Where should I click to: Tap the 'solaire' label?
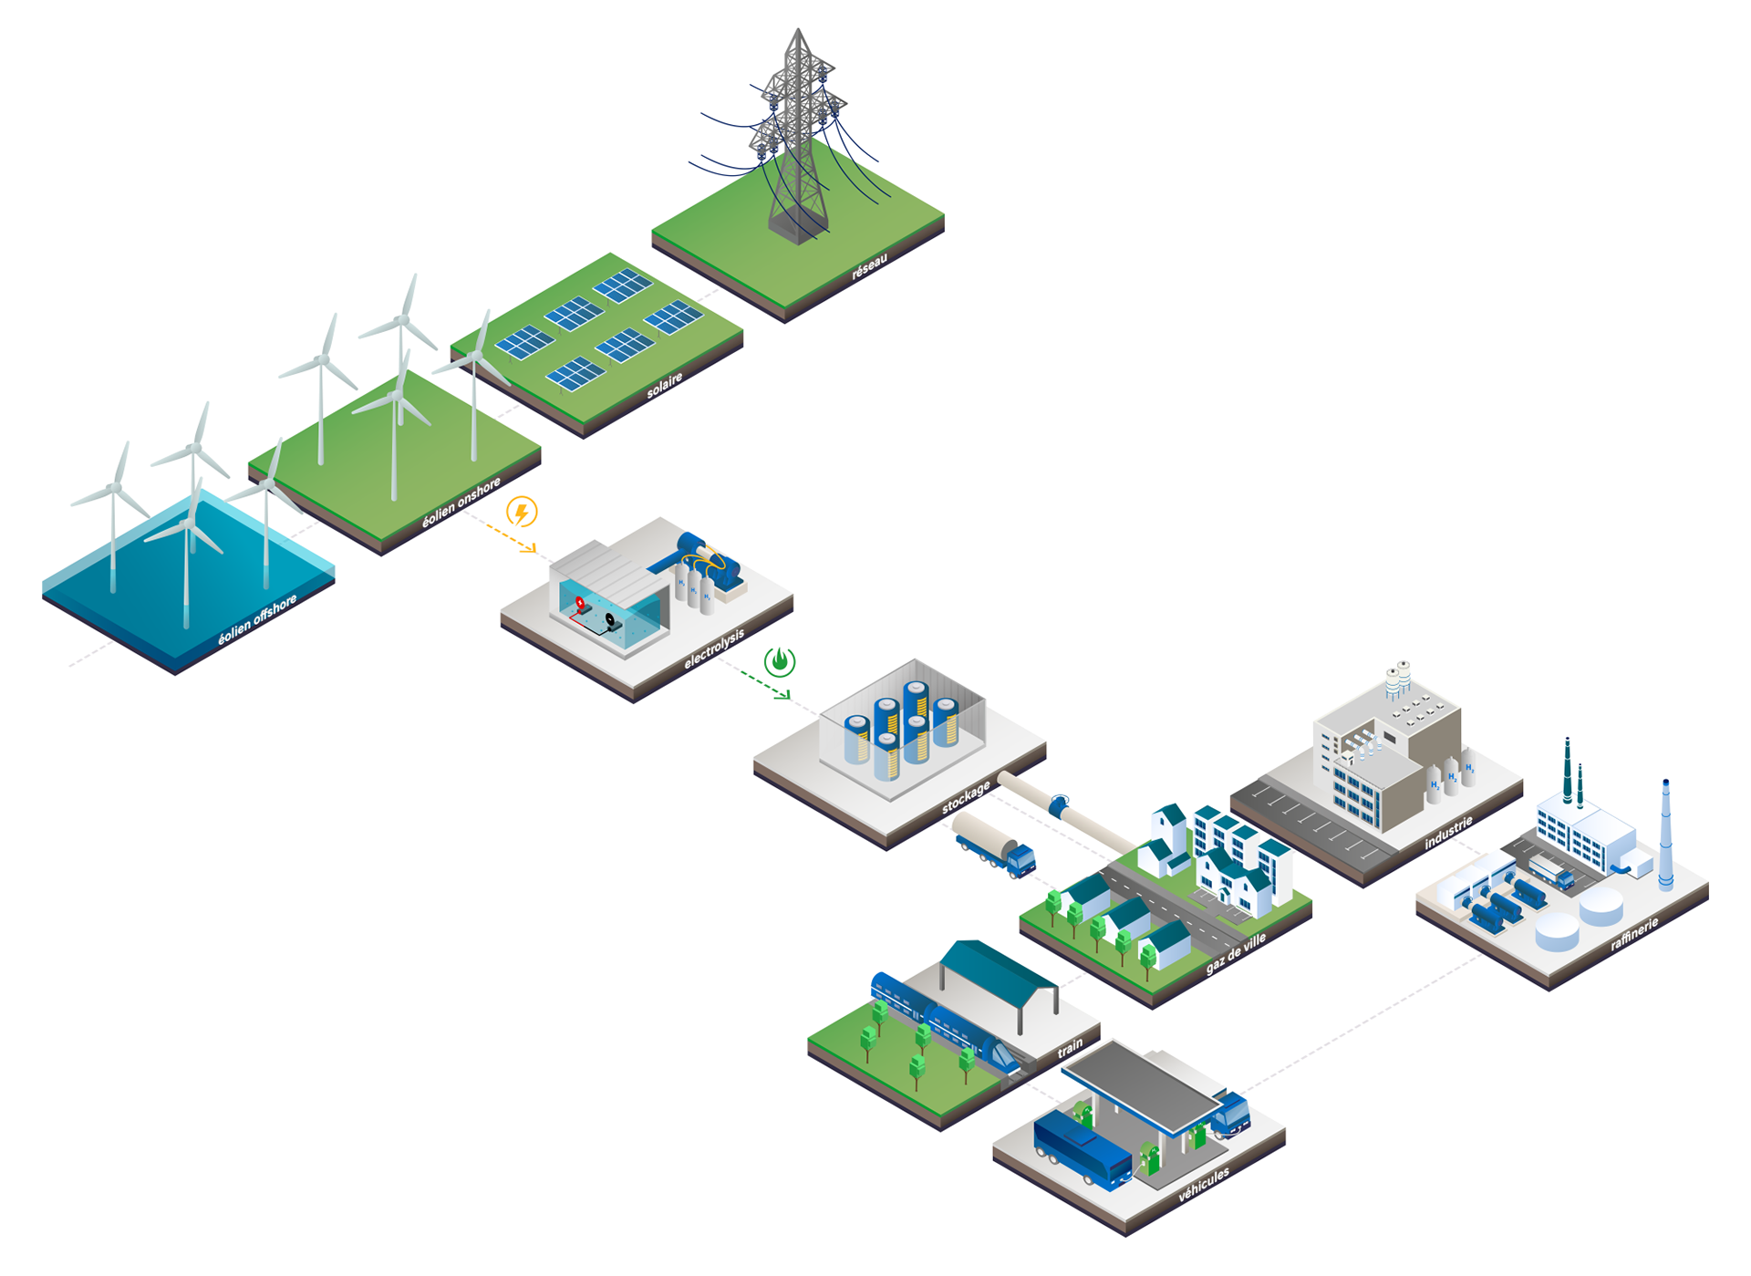coord(664,386)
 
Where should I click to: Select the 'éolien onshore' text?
coord(461,503)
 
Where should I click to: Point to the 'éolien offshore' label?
coord(257,621)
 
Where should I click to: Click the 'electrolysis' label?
coord(714,648)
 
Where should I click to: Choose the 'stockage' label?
coord(966,797)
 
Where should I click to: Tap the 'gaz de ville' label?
coord(1236,953)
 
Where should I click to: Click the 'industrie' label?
coord(1448,833)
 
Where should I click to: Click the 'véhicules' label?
coord(1204,1184)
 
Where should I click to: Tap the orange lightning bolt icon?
coord(522,513)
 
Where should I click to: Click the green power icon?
coord(780,661)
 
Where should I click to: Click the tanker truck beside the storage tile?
coord(993,845)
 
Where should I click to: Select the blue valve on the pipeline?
coord(1060,804)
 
